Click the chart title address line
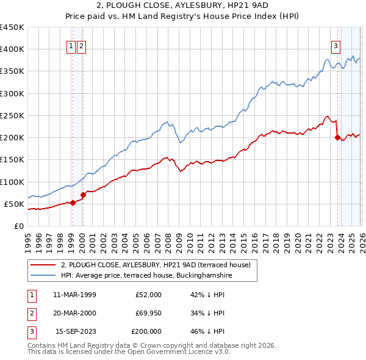[x=182, y=6]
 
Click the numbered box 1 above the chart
[x=71, y=45]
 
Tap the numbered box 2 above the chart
[x=82, y=45]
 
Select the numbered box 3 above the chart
[x=335, y=45]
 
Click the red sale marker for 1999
[x=73, y=203]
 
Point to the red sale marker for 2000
[x=84, y=195]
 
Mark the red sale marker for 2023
[x=337, y=138]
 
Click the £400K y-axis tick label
[x=12, y=49]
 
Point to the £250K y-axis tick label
[x=12, y=115]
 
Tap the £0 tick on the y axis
[x=18, y=226]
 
